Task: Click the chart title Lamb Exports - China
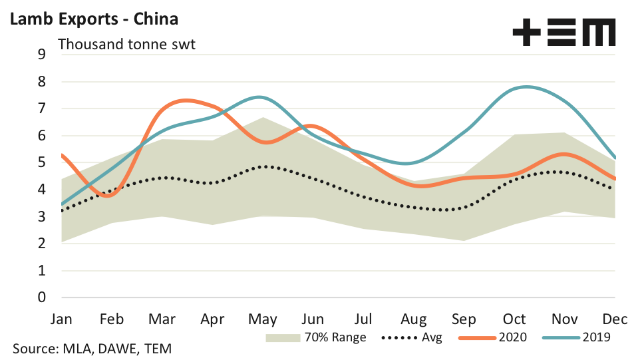click(94, 19)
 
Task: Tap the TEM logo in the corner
click(563, 31)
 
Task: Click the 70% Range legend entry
click(317, 337)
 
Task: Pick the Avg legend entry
click(413, 337)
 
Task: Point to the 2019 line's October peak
click(526, 87)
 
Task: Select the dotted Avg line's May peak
click(264, 166)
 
